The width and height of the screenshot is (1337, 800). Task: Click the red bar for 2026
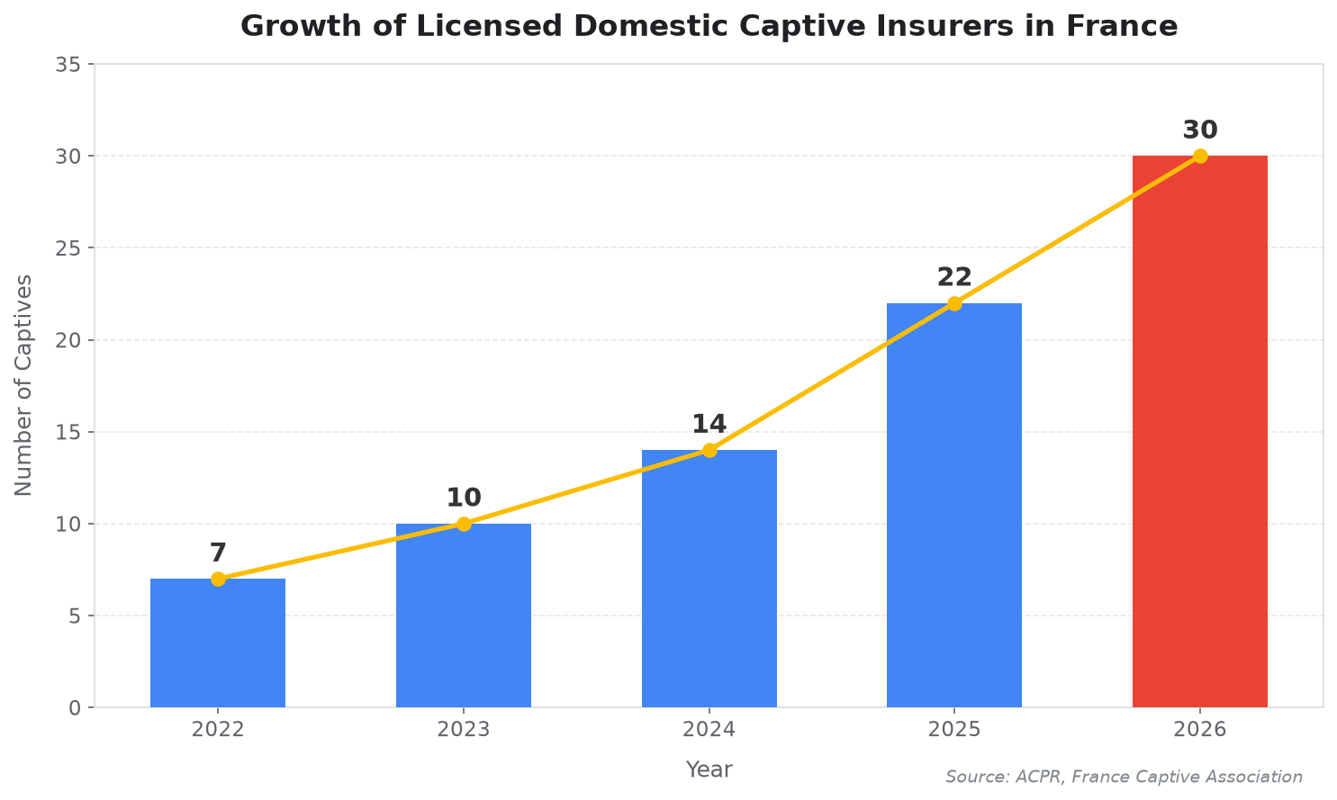(1200, 431)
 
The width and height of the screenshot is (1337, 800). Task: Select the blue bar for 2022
(218, 643)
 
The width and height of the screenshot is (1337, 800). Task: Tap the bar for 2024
(709, 579)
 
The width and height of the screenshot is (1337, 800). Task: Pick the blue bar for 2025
(954, 506)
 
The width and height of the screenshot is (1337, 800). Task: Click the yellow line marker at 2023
(464, 524)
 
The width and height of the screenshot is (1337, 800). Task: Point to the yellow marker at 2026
(1200, 156)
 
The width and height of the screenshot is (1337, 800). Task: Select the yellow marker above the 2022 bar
(218, 579)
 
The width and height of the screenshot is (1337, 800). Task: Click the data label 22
(954, 277)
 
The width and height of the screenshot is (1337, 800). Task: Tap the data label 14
(709, 424)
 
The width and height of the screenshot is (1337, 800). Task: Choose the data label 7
(218, 553)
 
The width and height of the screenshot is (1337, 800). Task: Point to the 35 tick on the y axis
(68, 64)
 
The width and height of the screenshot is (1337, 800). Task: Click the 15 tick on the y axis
(68, 432)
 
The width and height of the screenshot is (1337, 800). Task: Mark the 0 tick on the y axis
(75, 707)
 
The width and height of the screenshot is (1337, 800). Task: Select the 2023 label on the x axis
(464, 729)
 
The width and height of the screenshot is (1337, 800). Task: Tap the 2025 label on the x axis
(954, 729)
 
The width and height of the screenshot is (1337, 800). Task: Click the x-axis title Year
(709, 769)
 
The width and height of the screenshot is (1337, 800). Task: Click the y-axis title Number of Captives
(23, 385)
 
